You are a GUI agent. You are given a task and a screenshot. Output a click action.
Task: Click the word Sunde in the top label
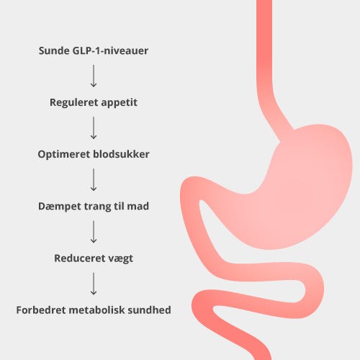click(54, 50)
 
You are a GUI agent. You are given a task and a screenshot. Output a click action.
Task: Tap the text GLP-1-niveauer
click(110, 50)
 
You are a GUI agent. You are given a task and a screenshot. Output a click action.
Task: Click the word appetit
click(119, 103)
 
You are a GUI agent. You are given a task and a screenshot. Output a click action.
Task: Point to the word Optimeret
click(64, 154)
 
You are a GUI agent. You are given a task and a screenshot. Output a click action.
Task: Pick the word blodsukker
click(121, 154)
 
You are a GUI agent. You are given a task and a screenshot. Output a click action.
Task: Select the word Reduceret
click(78, 258)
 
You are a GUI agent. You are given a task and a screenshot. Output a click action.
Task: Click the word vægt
click(119, 258)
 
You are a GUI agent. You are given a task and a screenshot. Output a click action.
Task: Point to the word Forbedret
click(41, 310)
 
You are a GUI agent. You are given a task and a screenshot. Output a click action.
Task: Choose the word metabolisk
click(96, 310)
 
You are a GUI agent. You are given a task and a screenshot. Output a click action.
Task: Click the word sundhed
click(149, 310)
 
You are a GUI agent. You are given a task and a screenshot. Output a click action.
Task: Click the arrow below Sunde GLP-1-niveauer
click(94, 76)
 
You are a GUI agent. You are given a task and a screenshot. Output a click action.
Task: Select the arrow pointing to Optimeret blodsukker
click(94, 128)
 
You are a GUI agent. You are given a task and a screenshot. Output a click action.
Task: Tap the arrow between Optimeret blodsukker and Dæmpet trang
click(94, 180)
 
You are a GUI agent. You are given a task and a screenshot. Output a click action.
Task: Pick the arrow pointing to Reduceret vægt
click(94, 232)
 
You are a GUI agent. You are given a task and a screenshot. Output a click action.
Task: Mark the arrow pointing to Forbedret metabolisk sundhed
click(94, 284)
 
